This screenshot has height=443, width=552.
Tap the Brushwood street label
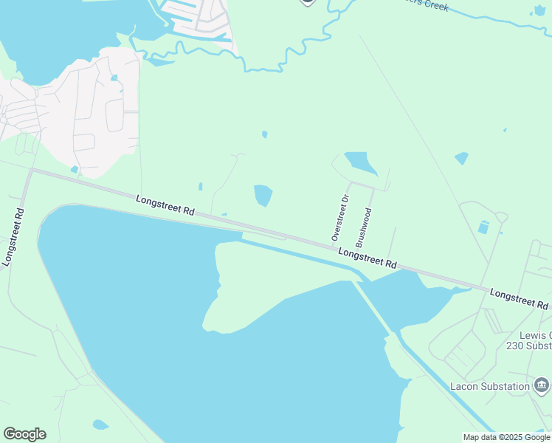point(362,227)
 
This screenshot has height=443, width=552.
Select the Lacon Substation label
point(490,386)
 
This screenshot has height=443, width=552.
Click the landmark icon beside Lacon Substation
point(542,385)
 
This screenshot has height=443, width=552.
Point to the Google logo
point(24,434)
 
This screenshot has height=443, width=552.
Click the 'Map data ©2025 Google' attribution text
point(506,437)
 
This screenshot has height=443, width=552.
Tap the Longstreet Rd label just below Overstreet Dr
point(368,258)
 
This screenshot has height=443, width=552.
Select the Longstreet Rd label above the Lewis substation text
point(519,298)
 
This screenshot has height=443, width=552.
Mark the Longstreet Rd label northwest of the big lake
point(165,205)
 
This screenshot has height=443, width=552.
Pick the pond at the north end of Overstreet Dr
point(360,162)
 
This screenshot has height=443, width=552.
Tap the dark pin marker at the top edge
point(308,2)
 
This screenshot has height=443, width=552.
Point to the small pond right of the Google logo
point(100,425)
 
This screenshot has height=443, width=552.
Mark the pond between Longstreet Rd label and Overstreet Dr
point(263,196)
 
